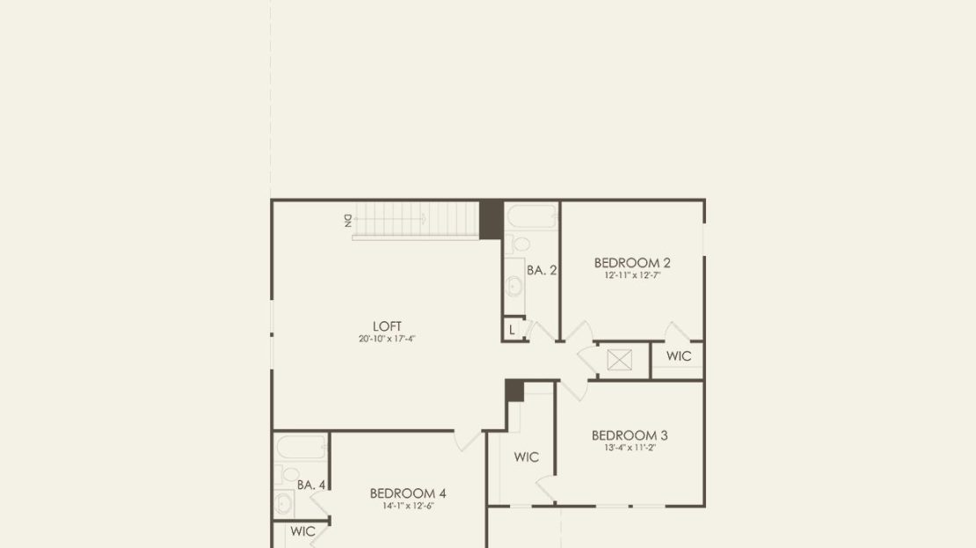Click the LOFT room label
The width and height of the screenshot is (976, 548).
[387, 326]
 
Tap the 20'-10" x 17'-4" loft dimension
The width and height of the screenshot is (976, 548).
[387, 339]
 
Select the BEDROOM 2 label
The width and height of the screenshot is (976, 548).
[632, 263]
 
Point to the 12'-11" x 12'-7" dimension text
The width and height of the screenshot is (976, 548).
[632, 275]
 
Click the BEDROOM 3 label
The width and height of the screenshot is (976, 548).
[630, 435]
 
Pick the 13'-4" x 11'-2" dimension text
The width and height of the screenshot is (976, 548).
[630, 447]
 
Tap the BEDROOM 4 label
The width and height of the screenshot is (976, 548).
[408, 493]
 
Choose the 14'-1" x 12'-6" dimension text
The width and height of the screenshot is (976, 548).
[408, 506]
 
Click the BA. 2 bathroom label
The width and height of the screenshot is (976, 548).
[542, 270]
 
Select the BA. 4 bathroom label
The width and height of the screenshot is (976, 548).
[311, 485]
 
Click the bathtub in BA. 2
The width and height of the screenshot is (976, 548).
[532, 216]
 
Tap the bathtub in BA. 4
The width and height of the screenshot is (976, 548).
[302, 447]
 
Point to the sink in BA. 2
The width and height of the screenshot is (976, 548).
[514, 287]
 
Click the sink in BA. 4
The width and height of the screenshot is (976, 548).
[284, 502]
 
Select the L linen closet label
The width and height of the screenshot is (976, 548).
[512, 330]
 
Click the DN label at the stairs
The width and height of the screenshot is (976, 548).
[348, 221]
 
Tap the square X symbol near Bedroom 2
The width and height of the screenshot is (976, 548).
[619, 360]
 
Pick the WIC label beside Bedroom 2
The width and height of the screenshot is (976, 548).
[679, 356]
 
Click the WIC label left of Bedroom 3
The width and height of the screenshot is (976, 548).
[526, 457]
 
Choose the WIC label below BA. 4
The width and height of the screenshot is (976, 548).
[302, 531]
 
